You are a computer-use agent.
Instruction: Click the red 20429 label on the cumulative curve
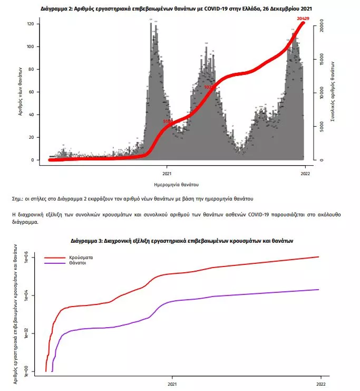click(303, 19)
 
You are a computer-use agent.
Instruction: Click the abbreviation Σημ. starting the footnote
click(17, 199)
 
